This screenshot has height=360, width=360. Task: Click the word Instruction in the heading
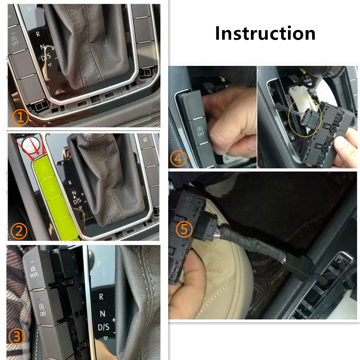pos(265,33)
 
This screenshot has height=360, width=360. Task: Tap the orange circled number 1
pos(21,117)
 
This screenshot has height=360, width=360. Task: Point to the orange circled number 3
pos(17,337)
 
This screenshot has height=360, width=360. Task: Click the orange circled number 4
pos(178,158)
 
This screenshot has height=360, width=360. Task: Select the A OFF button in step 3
pos(42,309)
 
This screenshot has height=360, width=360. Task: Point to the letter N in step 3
pos(102,313)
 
